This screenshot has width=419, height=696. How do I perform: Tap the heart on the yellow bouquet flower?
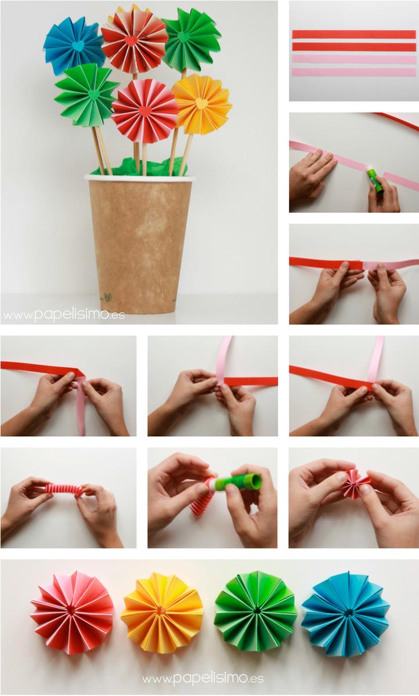click(201, 103)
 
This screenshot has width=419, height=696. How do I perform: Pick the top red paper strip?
click(354, 34)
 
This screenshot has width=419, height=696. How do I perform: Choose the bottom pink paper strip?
click(354, 72)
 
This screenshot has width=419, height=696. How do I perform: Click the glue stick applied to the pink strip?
click(374, 180)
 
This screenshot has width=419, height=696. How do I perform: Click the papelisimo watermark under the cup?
click(64, 315)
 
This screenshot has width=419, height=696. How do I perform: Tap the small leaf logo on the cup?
click(107, 296)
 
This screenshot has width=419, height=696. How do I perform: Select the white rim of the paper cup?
click(140, 178)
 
